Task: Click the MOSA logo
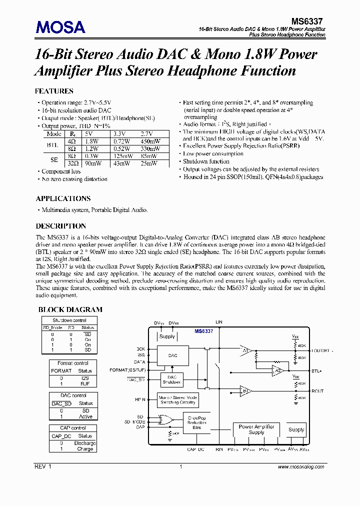60,27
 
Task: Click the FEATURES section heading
54,91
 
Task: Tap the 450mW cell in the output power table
149,141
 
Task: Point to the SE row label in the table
54,159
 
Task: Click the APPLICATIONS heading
63,198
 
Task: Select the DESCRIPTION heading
61,226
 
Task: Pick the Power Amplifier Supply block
256,429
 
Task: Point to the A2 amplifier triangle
276,371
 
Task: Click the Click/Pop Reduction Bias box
196,423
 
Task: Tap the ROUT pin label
317,391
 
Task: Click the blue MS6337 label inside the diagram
204,331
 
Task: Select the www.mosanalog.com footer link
299,466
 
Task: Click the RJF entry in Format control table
85,384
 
